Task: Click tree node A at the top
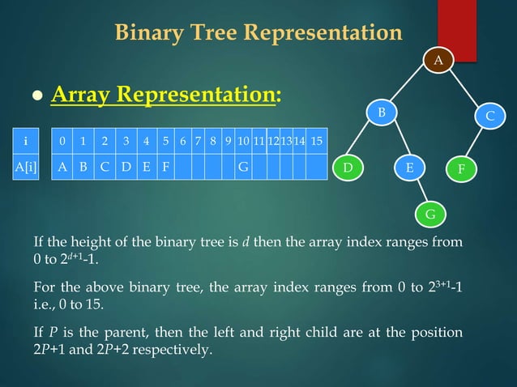[x=438, y=60]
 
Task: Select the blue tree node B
[x=385, y=110]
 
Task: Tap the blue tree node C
[x=489, y=117]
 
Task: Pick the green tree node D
[x=348, y=168]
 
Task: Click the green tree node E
[x=410, y=168]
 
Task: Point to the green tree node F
[x=462, y=170]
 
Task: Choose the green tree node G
[x=430, y=214]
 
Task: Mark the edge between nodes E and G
[x=420, y=191]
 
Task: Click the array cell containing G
[x=242, y=168]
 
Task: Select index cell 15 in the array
[x=316, y=141]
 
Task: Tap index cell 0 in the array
[x=62, y=141]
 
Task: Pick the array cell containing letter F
[x=166, y=168]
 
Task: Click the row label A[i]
[x=26, y=168]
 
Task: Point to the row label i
[x=26, y=141]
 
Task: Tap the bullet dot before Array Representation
[x=36, y=97]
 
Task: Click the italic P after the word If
[x=50, y=333]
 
